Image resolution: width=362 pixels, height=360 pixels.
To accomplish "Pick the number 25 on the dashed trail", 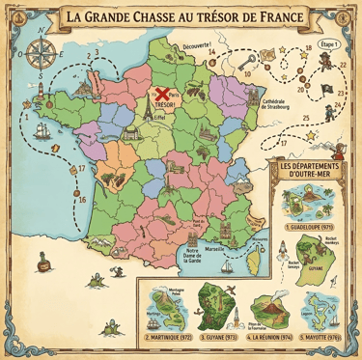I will (x=306, y=118).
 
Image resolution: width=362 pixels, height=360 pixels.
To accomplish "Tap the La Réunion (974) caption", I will (x=269, y=339).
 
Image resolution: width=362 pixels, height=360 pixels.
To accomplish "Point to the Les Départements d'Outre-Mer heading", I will (x=311, y=170).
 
